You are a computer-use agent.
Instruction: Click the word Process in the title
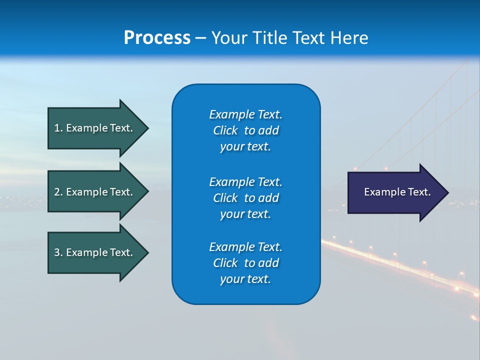[157, 38]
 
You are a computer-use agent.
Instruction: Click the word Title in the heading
[270, 38]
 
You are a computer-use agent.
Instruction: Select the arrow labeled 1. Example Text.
[95, 128]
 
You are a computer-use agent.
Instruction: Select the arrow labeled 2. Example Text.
[95, 192]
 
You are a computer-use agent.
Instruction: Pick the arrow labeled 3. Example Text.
[95, 252]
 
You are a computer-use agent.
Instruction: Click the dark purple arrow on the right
[395, 192]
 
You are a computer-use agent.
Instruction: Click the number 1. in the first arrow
[58, 128]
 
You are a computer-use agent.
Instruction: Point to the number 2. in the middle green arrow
[58, 192]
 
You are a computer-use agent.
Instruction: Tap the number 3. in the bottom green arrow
[58, 252]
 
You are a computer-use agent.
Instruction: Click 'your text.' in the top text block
[245, 147]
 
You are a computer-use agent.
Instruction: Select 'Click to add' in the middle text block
[245, 198]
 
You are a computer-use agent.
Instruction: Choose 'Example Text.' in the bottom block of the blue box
[245, 247]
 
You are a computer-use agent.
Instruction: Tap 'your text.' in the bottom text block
[245, 279]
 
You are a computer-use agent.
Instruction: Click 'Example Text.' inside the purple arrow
[397, 192]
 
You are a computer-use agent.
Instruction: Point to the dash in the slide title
[200, 38]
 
